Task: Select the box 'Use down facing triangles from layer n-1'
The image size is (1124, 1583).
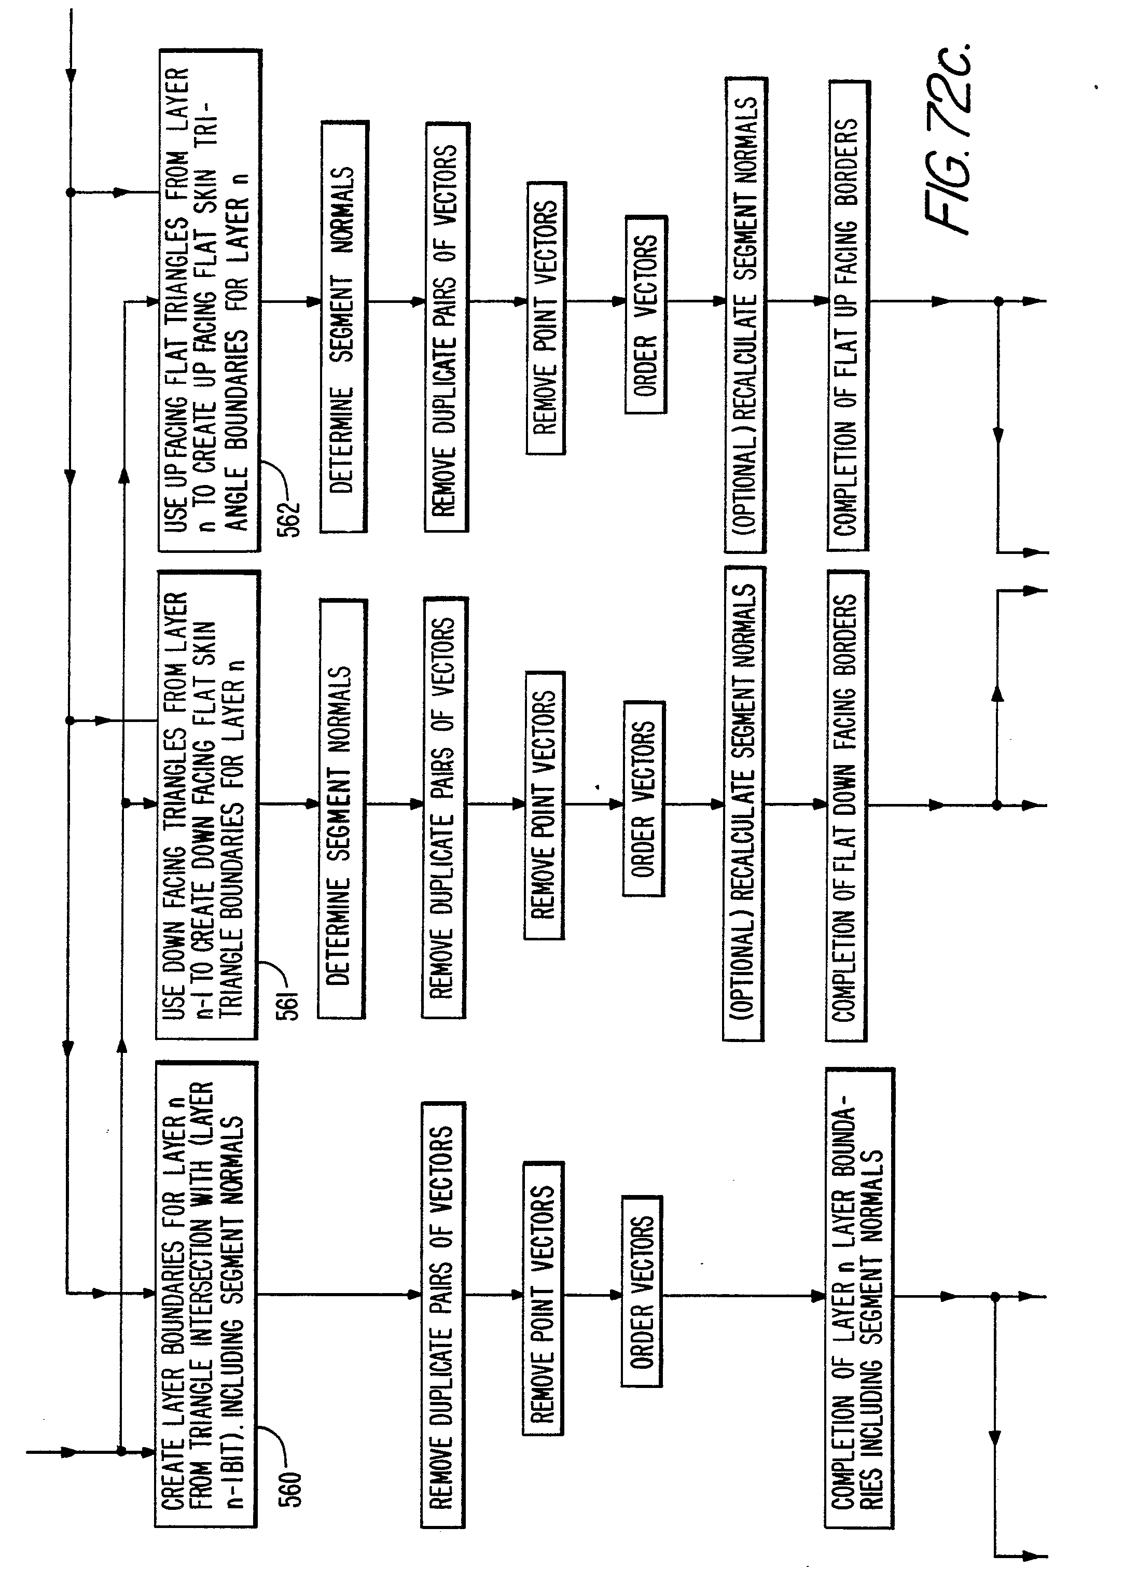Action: pyautogui.click(x=207, y=804)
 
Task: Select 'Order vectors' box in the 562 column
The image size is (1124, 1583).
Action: pyautogui.click(x=646, y=315)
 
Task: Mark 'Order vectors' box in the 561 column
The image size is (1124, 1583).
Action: pyautogui.click(x=644, y=799)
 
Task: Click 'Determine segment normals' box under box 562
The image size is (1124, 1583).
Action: pyautogui.click(x=343, y=327)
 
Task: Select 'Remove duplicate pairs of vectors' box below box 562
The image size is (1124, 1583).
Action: pyautogui.click(x=447, y=327)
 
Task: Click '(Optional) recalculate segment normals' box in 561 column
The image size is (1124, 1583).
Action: pyautogui.click(x=743, y=804)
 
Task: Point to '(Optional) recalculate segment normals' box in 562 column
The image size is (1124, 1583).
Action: pyautogui.click(x=745, y=315)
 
